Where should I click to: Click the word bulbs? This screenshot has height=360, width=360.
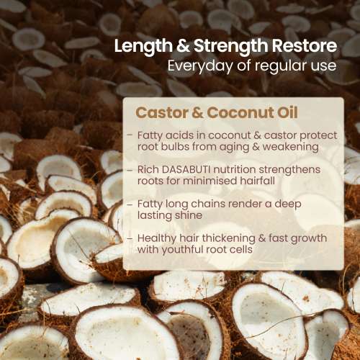174,146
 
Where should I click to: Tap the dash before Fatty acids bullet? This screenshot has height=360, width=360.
129,135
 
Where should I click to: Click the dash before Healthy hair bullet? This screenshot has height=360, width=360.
129,238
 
